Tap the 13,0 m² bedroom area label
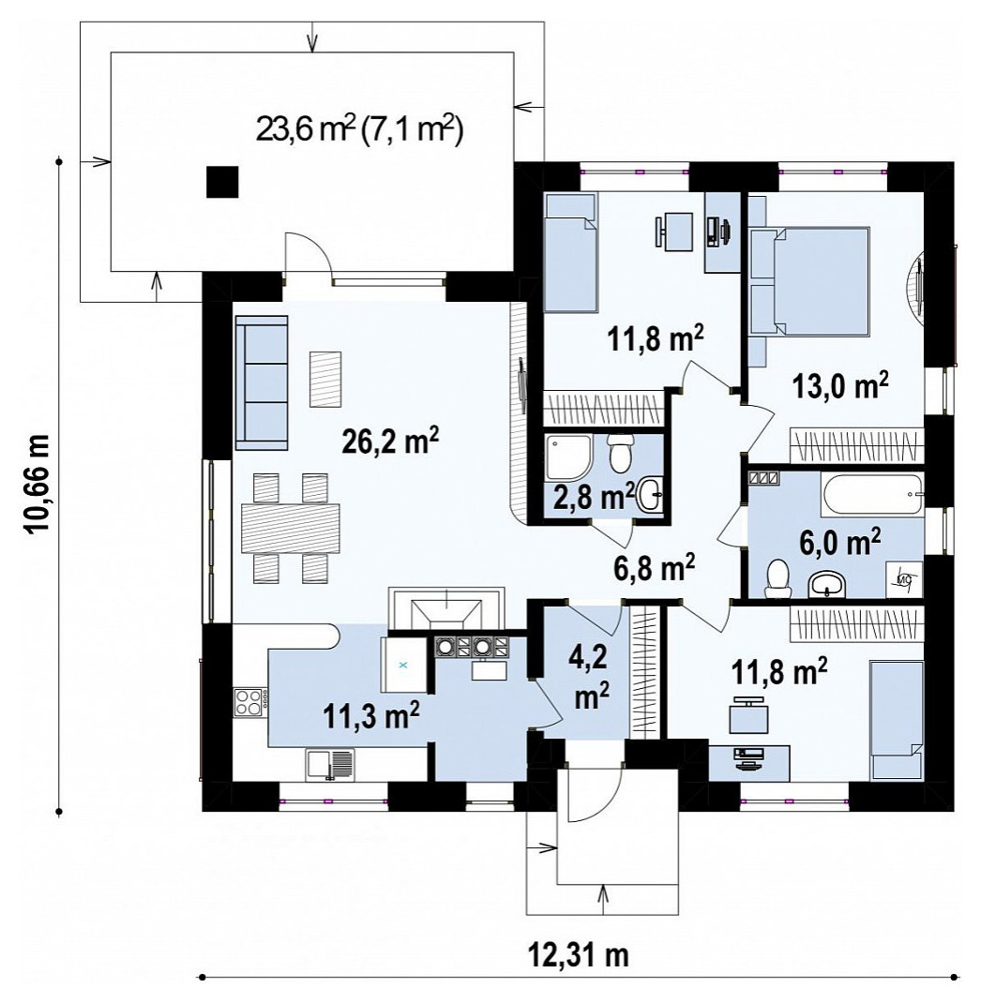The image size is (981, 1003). point(839,385)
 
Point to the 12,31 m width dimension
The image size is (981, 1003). point(578,955)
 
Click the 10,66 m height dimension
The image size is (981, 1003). point(37,485)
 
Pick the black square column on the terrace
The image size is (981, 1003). point(222,182)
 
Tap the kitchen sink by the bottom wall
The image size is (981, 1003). point(329,764)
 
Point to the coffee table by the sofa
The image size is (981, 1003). point(325,379)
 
